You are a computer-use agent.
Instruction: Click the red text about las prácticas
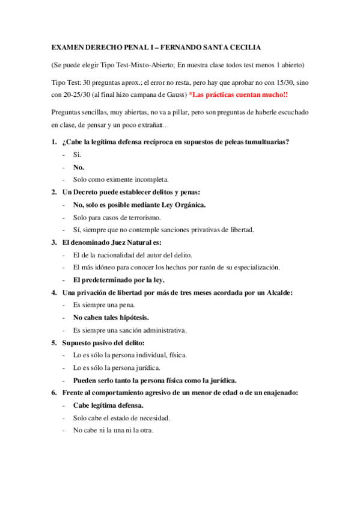pos(239,95)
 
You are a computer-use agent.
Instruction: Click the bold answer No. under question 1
pos(79,167)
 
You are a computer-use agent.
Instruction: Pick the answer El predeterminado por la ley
pos(118,280)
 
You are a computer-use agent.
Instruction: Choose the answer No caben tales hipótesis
pos(111,317)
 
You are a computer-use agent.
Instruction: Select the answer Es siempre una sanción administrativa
pos(130,330)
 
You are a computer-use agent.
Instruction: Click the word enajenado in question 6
pos(279,393)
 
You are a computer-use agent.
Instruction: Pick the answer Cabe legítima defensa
pos(108,405)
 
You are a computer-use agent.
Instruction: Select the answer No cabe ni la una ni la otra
pos(113,430)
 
